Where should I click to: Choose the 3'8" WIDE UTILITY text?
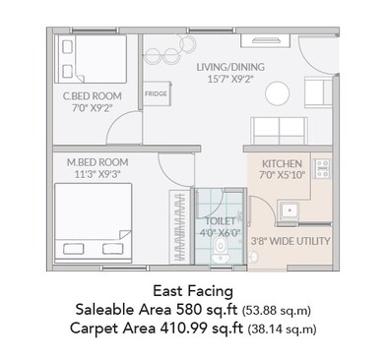[x=290, y=240]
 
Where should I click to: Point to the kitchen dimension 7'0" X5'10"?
[x=282, y=175]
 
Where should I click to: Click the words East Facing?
[x=193, y=291]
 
